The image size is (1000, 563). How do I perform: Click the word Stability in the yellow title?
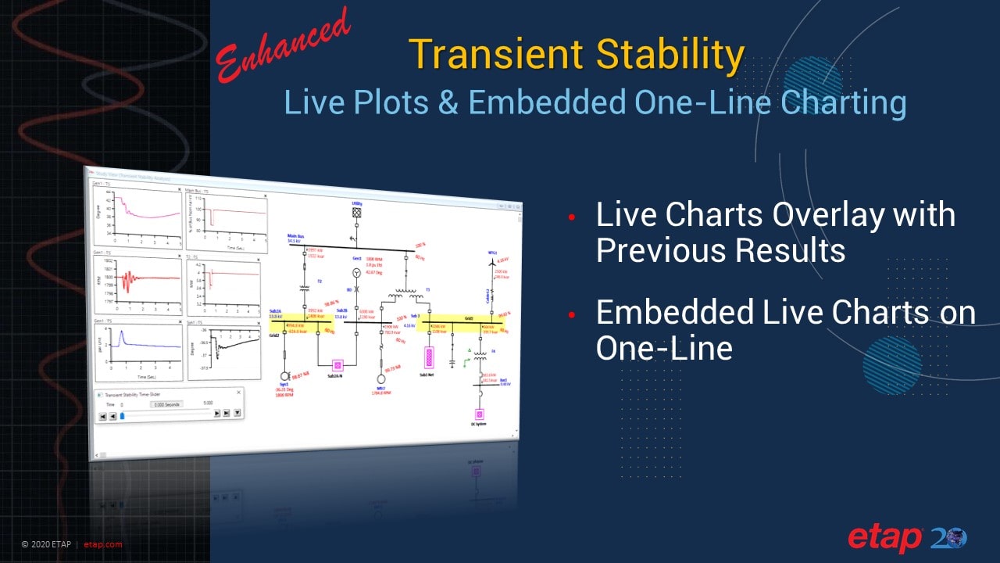click(x=669, y=55)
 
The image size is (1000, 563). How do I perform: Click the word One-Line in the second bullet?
click(x=664, y=347)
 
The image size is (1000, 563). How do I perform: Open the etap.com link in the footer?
click(x=102, y=544)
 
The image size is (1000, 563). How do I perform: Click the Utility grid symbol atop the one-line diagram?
click(x=356, y=211)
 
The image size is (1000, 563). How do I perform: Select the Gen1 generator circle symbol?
click(x=356, y=272)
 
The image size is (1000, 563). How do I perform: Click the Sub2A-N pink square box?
click(x=338, y=365)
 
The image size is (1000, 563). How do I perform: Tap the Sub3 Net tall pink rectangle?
click(x=428, y=357)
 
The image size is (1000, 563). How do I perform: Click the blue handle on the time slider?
click(x=122, y=415)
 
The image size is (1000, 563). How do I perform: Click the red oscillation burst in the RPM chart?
click(x=124, y=277)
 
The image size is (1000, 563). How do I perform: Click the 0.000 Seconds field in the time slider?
click(x=166, y=403)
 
